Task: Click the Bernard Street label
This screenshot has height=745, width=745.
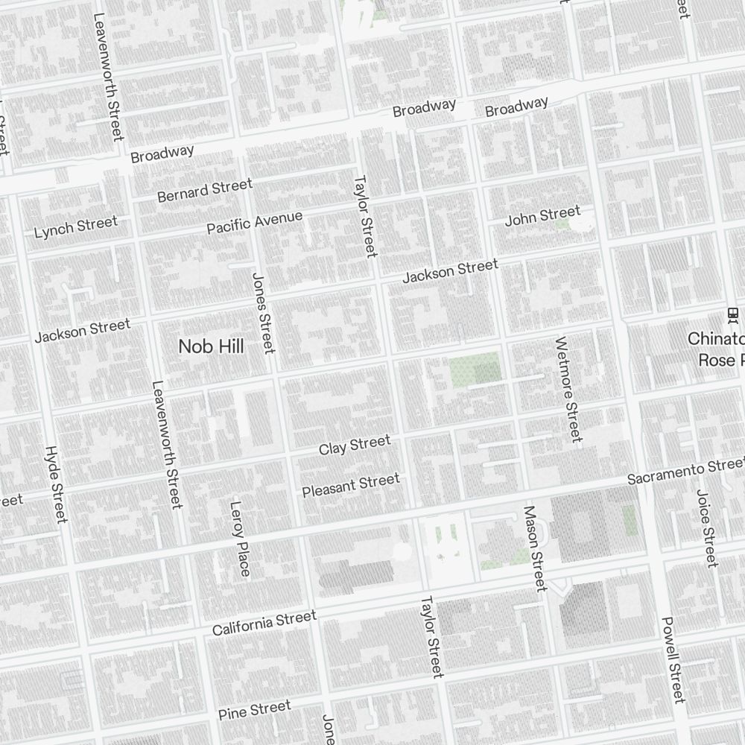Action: tap(205, 191)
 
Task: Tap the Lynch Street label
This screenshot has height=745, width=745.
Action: tap(76, 226)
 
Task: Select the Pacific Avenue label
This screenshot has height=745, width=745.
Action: tap(255, 222)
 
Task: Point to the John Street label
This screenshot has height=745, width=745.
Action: tap(542, 216)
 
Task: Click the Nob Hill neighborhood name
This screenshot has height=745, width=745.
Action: tap(211, 346)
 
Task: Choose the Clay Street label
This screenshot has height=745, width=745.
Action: tap(355, 446)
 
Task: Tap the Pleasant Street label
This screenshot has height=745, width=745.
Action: tap(351, 485)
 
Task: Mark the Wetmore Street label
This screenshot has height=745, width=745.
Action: tap(568, 389)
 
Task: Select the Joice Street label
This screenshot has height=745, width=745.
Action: tap(706, 527)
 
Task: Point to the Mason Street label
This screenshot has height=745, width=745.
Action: tap(535, 548)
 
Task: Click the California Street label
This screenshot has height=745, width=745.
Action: tap(264, 623)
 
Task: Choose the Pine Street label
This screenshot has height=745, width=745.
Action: tap(255, 710)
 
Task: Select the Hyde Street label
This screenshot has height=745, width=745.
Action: tap(56, 484)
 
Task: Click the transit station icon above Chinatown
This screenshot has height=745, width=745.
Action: tap(733, 314)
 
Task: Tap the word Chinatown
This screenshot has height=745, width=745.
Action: tap(715, 339)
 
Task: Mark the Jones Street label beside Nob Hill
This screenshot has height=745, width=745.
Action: tap(264, 313)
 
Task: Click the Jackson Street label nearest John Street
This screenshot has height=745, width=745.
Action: tap(450, 271)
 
